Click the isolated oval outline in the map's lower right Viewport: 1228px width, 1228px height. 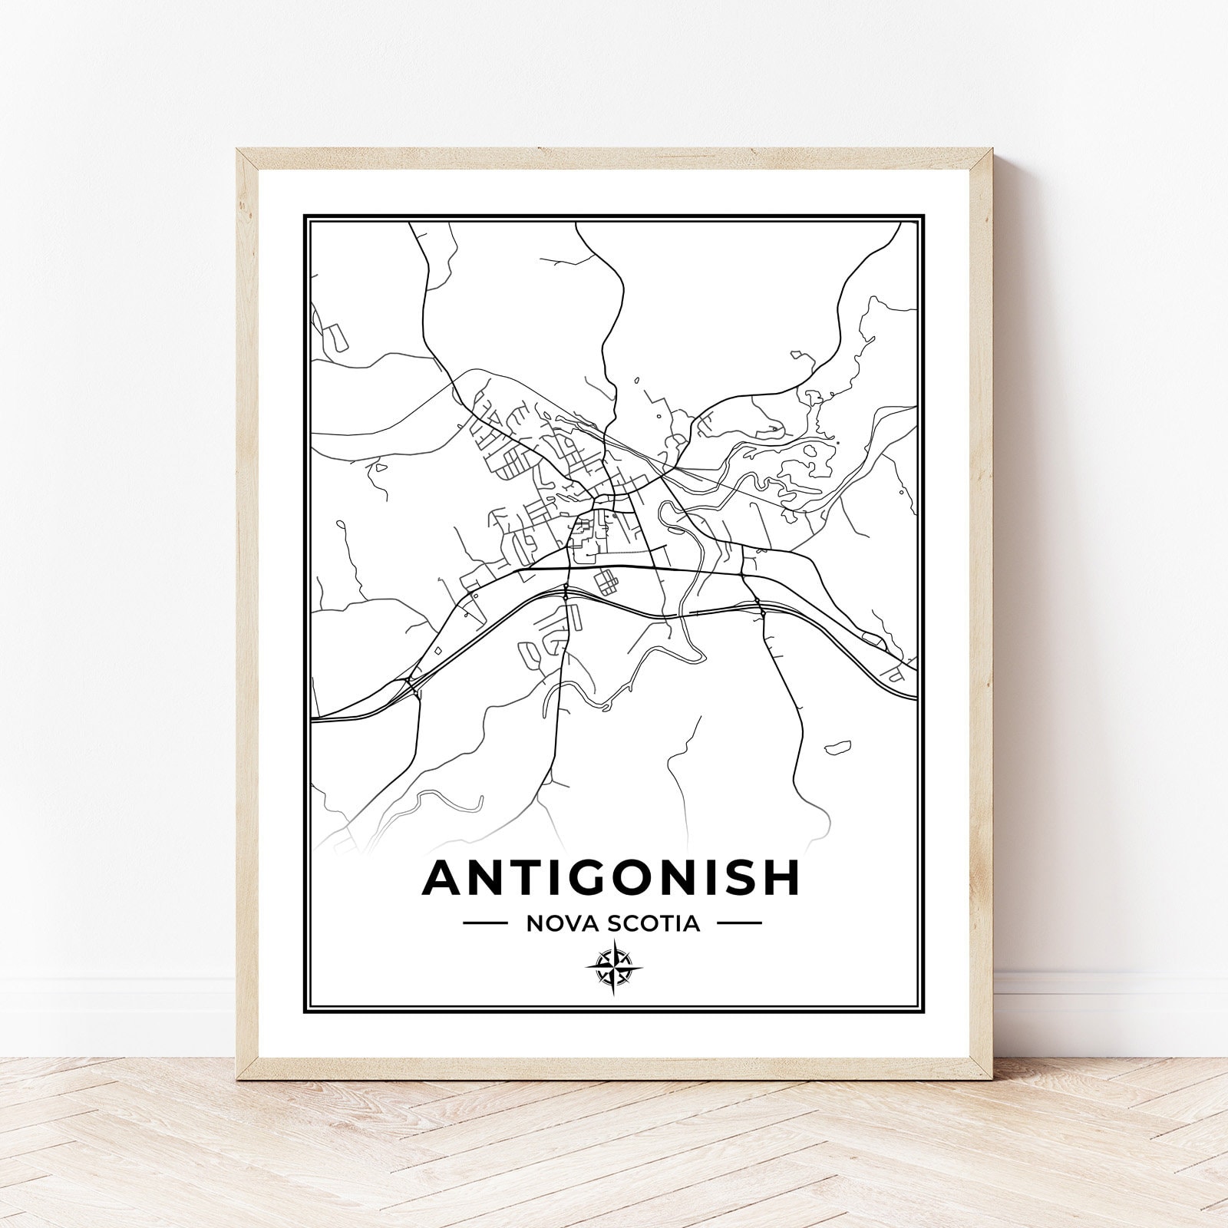tap(836, 744)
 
